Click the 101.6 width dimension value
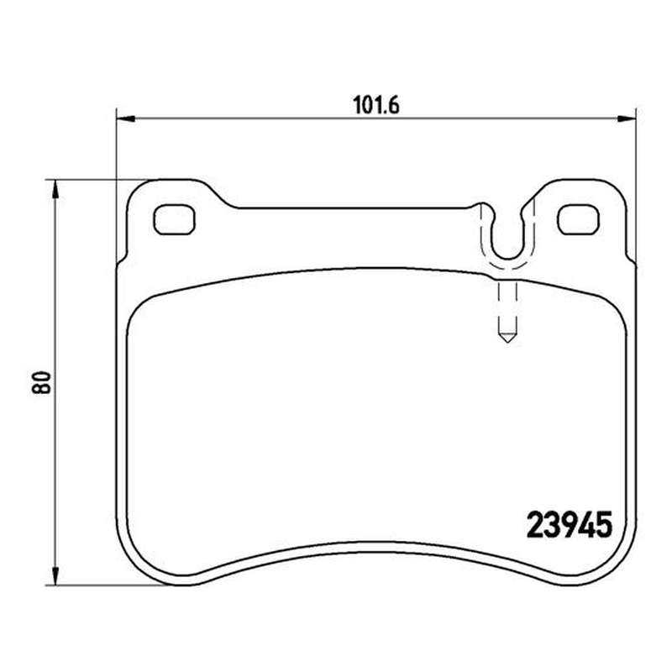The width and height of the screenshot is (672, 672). (x=375, y=105)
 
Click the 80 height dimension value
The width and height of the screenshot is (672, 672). (x=41, y=382)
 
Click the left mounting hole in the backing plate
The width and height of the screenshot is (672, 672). (x=175, y=219)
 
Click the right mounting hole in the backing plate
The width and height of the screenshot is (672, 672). (x=578, y=219)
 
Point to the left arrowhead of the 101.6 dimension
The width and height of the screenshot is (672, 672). (x=126, y=118)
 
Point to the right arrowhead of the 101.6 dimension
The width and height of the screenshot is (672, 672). (x=627, y=118)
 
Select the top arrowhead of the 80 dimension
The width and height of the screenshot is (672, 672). (x=55, y=189)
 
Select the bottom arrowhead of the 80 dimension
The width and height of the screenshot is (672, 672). (x=55, y=575)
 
